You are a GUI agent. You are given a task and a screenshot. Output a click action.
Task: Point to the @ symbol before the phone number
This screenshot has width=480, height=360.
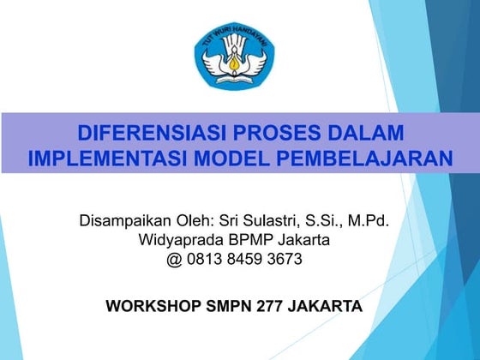click(x=175, y=258)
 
